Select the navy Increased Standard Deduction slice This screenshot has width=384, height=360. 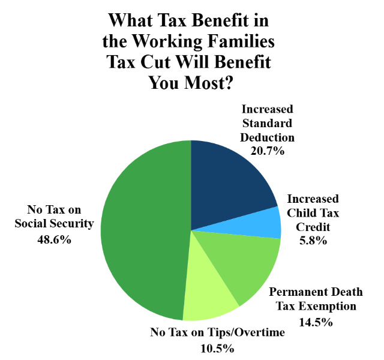(x=228, y=180)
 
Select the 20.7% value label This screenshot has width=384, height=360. (x=268, y=151)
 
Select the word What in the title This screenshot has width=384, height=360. (x=131, y=21)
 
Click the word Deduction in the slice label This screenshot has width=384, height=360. (x=268, y=137)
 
